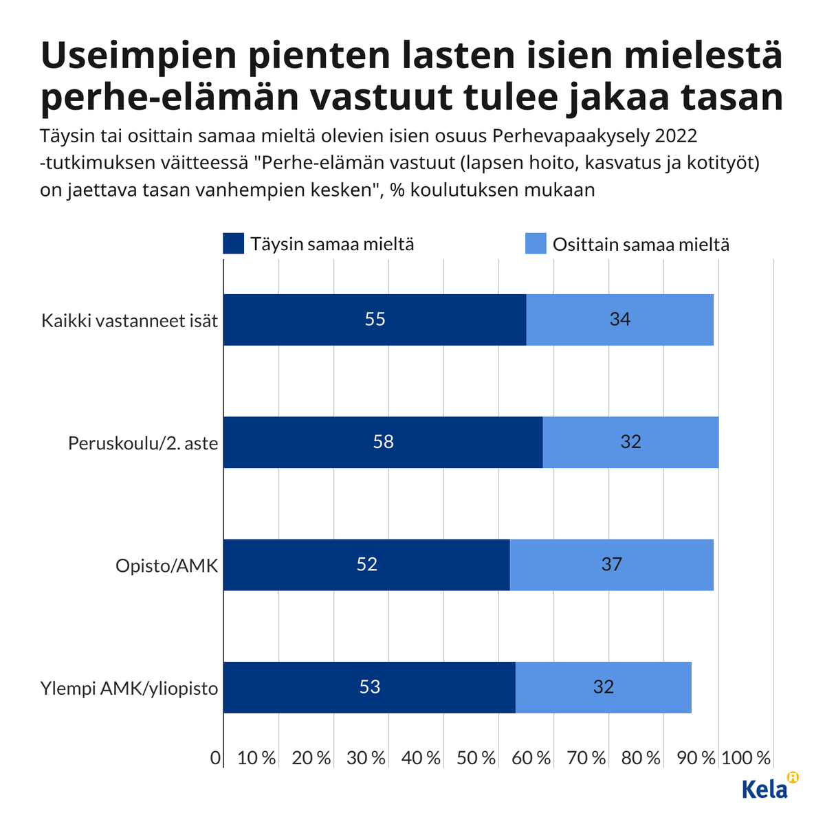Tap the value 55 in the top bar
point(375,320)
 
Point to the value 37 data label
point(611,565)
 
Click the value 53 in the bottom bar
point(370,687)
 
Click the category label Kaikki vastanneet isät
point(129,320)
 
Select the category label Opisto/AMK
point(166,566)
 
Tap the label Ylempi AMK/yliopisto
point(129,688)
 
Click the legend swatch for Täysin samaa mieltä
point(234,244)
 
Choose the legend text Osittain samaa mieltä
point(641,245)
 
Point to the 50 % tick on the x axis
point(476,758)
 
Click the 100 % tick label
point(746,758)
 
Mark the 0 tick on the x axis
point(215,758)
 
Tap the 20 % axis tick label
point(311,758)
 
